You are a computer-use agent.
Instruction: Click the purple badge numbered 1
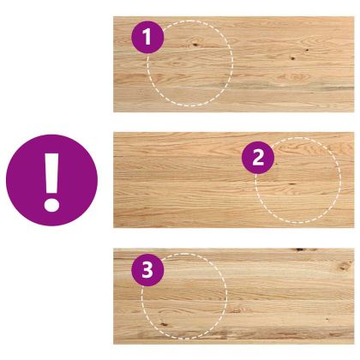pyautogui.click(x=147, y=37)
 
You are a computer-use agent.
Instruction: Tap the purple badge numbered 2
pyautogui.click(x=258, y=158)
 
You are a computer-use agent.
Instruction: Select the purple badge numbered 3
pyautogui.click(x=147, y=270)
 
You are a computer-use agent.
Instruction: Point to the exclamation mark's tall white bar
pyautogui.click(x=51, y=174)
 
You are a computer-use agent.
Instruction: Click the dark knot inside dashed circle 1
pyautogui.click(x=195, y=45)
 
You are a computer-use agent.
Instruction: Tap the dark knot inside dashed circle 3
pyautogui.click(x=164, y=324)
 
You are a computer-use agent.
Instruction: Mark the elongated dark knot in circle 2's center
pyautogui.click(x=291, y=184)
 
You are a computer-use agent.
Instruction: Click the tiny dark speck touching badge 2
pyautogui.click(x=276, y=164)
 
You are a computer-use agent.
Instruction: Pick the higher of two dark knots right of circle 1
pyautogui.click(x=307, y=50)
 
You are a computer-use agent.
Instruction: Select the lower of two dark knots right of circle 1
pyautogui.click(x=292, y=58)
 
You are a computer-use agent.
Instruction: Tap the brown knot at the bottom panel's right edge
pyautogui.click(x=345, y=267)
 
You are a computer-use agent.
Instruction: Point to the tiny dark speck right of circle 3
pyautogui.click(x=327, y=319)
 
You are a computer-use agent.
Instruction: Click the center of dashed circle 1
pyautogui.click(x=190, y=63)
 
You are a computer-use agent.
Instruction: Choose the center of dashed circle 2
pyautogui.click(x=298, y=180)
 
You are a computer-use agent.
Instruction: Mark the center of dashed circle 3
pyautogui.click(x=184, y=297)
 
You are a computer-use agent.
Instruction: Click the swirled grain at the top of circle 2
pyautogui.click(x=297, y=147)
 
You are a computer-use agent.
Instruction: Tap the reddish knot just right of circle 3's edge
pyautogui.click(x=237, y=310)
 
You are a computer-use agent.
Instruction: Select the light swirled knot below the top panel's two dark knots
pyautogui.click(x=294, y=77)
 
